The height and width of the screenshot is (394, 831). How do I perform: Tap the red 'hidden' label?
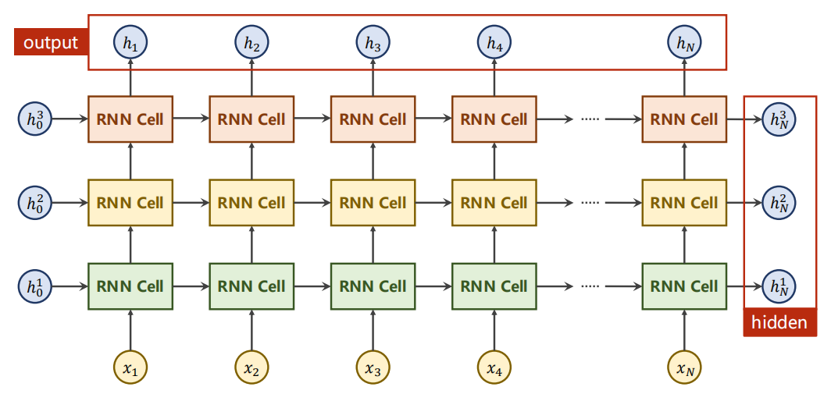click(779, 322)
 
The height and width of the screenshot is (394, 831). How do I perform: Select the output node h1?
click(130, 43)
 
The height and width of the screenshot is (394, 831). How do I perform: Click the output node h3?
click(373, 43)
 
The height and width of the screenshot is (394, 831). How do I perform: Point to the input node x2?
click(251, 367)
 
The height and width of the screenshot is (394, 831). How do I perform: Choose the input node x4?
click(494, 367)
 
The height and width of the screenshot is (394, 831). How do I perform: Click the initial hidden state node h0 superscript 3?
click(35, 119)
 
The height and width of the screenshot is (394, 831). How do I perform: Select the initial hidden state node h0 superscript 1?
click(35, 286)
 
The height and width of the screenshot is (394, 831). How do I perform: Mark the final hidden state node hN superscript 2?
click(779, 202)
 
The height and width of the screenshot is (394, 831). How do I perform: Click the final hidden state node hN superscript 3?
click(779, 119)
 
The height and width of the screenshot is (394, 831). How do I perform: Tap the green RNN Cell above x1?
click(130, 286)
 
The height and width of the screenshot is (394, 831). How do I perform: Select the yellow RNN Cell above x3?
click(373, 202)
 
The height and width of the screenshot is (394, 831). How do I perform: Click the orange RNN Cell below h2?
click(251, 119)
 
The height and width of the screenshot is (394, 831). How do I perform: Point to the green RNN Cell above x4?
click(494, 286)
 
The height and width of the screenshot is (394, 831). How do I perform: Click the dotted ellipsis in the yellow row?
click(590, 202)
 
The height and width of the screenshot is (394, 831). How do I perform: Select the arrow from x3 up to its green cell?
click(373, 329)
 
